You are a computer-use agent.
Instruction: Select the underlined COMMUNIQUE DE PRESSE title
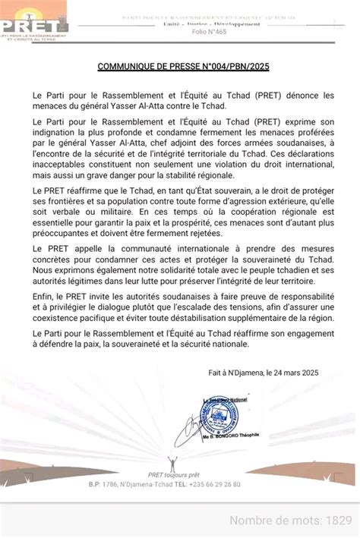183,67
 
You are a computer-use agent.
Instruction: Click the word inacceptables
65,173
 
